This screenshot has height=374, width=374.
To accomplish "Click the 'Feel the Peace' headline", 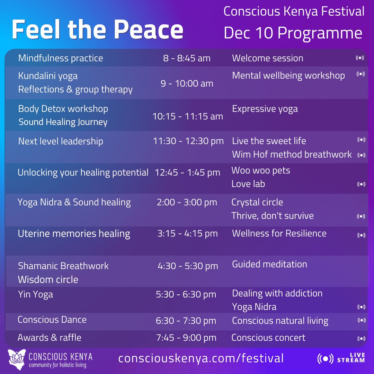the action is click(x=97, y=29).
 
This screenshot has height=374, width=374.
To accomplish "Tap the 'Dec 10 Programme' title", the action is click(x=293, y=33).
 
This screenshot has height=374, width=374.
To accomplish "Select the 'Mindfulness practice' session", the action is click(x=61, y=58).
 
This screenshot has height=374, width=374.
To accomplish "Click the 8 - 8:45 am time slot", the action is click(x=187, y=58).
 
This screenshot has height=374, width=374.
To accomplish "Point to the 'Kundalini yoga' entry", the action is click(x=48, y=76).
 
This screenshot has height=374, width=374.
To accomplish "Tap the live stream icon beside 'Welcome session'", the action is click(x=360, y=58).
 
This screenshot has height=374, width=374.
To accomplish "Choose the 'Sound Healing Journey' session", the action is click(x=63, y=122).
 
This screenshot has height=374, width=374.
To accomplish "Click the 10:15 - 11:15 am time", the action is click(x=188, y=116).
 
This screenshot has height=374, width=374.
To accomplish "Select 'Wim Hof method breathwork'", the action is click(x=292, y=154).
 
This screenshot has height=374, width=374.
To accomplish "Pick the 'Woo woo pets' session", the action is click(x=261, y=170).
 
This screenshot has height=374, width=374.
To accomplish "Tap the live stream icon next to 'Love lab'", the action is click(x=361, y=184).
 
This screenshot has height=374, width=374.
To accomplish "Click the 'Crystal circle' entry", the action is click(x=257, y=202).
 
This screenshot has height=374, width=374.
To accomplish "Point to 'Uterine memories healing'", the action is click(x=74, y=234).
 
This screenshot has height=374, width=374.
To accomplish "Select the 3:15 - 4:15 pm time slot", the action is click(x=187, y=233).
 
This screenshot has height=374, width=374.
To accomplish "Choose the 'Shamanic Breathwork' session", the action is click(x=63, y=266).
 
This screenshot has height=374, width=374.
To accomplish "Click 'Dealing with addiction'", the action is click(x=277, y=293).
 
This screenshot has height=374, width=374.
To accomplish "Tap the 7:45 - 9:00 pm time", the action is click(x=186, y=338).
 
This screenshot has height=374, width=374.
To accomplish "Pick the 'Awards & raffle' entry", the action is click(x=50, y=338).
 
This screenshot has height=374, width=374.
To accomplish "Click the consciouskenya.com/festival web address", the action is click(x=201, y=358).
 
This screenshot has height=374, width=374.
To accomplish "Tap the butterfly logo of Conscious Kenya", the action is click(x=17, y=359).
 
